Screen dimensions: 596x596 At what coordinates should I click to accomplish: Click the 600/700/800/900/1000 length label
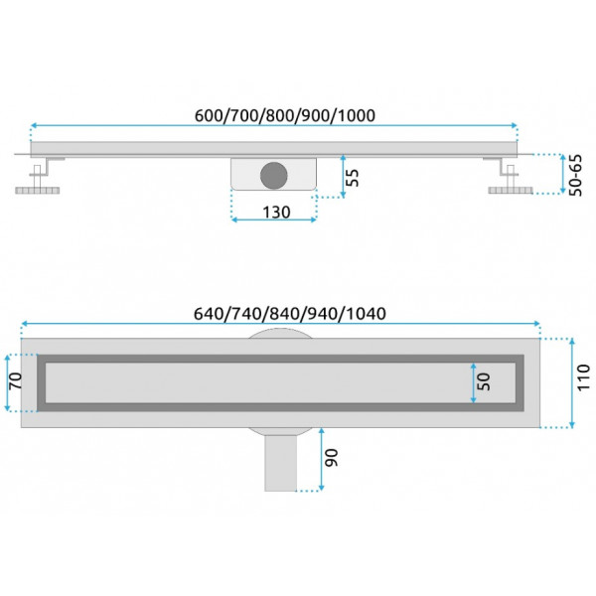[x=285, y=115]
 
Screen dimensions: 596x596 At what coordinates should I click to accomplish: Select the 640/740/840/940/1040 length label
[x=290, y=314]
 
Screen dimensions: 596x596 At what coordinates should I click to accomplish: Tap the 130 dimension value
[x=276, y=212]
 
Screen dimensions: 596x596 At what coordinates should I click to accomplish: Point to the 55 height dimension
[x=354, y=177]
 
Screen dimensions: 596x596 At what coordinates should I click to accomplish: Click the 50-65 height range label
[x=575, y=175]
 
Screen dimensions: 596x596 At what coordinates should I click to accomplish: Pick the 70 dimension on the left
[x=16, y=380]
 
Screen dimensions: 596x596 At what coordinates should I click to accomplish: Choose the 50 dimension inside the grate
[x=483, y=381]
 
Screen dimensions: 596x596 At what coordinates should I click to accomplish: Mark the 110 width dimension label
[x=583, y=377]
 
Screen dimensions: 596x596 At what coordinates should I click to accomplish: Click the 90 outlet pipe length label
[x=331, y=458]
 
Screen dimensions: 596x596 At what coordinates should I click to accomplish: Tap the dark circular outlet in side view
[x=274, y=175]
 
